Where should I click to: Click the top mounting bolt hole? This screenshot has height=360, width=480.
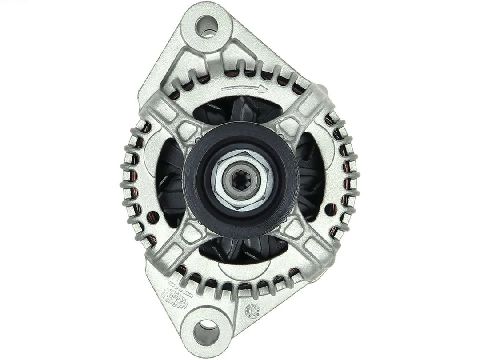click(x=207, y=25)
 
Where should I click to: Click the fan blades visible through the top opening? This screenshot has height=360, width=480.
click(x=240, y=109)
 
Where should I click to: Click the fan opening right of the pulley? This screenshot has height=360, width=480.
click(x=311, y=178)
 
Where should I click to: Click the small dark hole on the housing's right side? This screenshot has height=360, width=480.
click(x=329, y=208)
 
